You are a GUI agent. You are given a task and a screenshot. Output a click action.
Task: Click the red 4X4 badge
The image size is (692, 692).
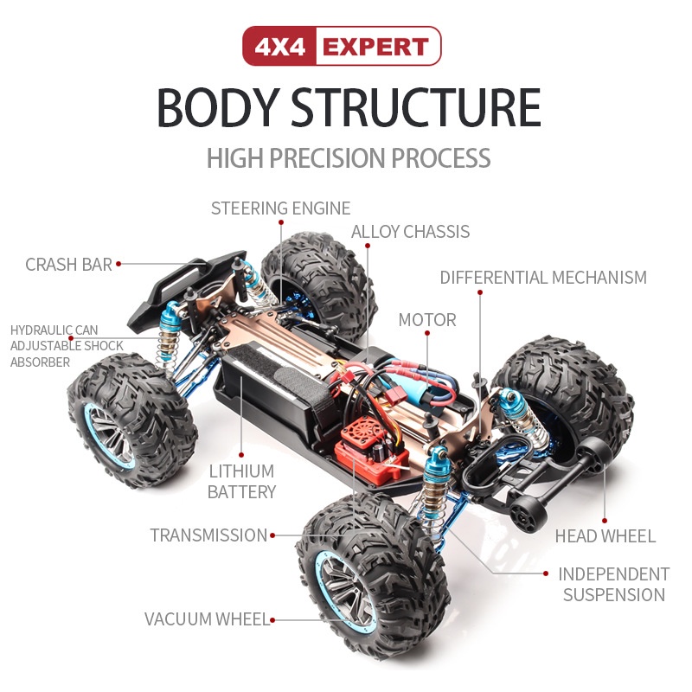[279, 46]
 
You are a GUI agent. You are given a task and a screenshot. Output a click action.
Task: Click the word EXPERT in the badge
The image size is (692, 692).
[375, 47]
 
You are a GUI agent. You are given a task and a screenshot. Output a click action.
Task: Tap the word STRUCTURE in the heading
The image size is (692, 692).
[415, 107]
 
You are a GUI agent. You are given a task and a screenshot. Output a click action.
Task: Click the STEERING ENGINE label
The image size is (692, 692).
[280, 208]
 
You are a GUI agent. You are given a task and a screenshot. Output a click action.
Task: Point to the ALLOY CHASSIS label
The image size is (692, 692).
[410, 232]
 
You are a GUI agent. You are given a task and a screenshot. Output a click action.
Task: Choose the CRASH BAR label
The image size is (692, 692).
[68, 265]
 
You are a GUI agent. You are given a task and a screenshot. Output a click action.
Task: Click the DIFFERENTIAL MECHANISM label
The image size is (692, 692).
[543, 277]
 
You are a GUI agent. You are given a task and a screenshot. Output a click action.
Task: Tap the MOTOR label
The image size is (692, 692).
[427, 320]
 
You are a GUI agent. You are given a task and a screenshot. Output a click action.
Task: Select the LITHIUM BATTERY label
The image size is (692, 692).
[241, 482]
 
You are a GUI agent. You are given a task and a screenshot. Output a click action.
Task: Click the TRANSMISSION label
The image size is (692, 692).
[208, 535]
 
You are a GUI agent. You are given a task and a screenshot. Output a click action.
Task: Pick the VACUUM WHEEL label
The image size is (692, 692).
[207, 619]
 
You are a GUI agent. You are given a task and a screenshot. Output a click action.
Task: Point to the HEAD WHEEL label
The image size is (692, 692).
[605, 536]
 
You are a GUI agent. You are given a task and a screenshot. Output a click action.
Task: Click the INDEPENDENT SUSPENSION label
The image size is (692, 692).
[614, 585]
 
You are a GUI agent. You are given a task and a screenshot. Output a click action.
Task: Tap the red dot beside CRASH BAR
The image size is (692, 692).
[119, 264]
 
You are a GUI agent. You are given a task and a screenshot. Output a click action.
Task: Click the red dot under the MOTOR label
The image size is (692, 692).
[427, 333]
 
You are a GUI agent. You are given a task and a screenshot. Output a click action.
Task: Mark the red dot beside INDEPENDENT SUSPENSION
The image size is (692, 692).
[546, 573]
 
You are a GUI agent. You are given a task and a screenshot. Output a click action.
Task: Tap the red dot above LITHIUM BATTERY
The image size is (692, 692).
[241, 455]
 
